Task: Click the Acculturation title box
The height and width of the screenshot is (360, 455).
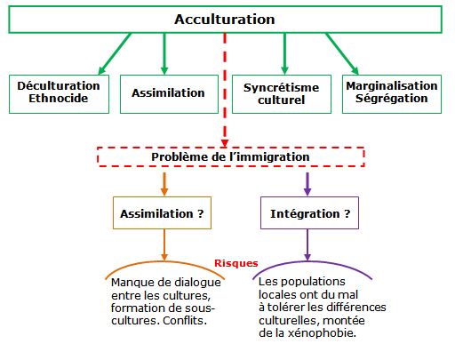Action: (225, 20)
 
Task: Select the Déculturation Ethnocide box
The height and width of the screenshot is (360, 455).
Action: (59, 94)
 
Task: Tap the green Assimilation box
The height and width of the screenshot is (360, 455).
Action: (169, 94)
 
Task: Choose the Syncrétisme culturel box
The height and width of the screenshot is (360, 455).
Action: (282, 94)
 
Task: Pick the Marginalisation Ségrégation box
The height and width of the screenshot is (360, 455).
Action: (392, 94)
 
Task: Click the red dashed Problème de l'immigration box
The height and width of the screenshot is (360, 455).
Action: (230, 156)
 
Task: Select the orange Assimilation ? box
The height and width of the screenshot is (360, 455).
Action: (162, 212)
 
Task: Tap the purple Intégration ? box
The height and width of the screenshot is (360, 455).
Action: (309, 212)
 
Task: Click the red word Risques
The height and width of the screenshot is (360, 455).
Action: (236, 263)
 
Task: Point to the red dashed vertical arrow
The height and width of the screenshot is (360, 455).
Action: (225, 90)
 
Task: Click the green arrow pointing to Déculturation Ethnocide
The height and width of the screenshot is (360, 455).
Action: (115, 53)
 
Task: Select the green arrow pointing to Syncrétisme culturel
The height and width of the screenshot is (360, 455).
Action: (284, 53)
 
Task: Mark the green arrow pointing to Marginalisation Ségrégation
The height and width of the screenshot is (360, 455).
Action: (342, 53)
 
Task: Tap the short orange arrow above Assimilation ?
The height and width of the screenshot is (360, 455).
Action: (164, 184)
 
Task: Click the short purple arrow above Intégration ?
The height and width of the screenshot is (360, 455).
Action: (307, 184)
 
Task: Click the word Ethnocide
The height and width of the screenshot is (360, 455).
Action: (59, 98)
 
